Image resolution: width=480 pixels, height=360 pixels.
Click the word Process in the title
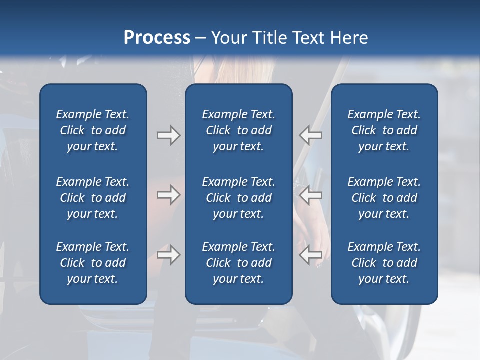tap(157, 38)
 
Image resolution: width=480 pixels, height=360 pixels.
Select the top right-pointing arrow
tap(168, 135)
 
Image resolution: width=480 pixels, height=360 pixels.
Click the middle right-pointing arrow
tap(168, 195)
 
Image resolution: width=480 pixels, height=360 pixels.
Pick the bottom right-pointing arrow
tap(168, 255)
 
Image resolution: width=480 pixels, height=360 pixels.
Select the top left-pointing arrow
tap(310, 135)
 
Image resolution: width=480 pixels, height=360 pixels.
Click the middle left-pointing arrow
tap(310, 195)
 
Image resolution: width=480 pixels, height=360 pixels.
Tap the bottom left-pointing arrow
tap(310, 255)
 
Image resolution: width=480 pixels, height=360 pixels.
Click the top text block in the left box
tap(93, 130)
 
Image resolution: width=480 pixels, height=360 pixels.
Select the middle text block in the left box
tap(93, 198)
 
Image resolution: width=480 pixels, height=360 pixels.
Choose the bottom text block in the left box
tap(93, 263)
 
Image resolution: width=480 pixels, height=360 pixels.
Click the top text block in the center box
tap(238, 130)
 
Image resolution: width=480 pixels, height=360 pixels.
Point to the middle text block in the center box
tap(238, 198)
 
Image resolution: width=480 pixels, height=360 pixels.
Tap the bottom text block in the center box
tap(238, 263)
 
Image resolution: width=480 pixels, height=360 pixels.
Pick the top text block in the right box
tap(384, 130)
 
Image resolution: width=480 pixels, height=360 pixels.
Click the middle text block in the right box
tap(384, 198)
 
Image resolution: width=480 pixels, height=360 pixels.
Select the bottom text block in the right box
tap(384, 263)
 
